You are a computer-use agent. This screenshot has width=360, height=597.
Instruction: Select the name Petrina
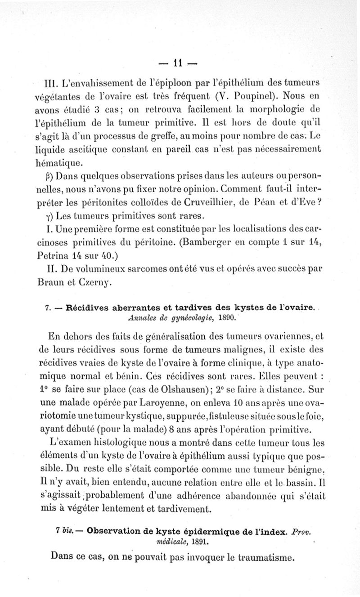55,256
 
